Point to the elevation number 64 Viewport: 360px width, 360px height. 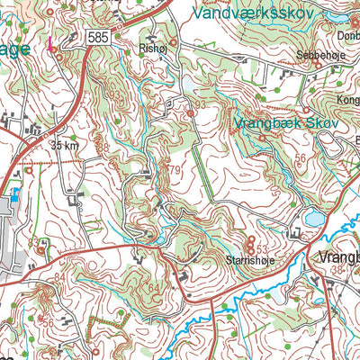[153, 288]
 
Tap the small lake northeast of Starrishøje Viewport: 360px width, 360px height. [313, 218]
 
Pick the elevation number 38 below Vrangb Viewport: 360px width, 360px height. [338, 271]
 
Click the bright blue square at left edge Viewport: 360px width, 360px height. [13, 193]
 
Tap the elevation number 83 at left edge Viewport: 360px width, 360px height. [33, 243]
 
